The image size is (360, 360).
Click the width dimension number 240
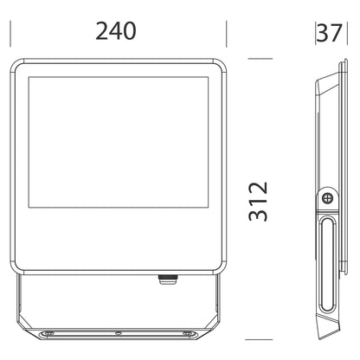point(116,31)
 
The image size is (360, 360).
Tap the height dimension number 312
point(258,202)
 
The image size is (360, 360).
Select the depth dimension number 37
point(330,33)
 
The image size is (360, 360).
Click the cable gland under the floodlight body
point(168,280)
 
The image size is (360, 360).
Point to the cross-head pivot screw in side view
point(327,198)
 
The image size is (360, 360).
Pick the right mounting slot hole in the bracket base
point(188,333)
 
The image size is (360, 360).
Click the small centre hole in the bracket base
point(118,333)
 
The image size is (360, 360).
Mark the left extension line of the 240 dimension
point(10,34)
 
